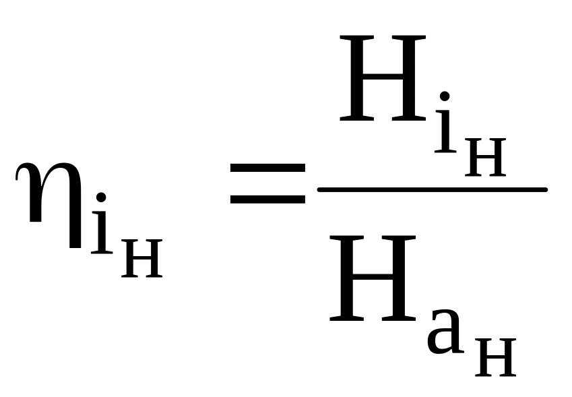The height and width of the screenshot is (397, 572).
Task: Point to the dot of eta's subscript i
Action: point(101,197)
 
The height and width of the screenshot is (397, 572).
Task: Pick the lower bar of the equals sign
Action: point(267,200)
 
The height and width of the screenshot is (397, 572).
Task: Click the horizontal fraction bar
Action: point(432,189)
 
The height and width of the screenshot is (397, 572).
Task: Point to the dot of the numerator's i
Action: point(444,97)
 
